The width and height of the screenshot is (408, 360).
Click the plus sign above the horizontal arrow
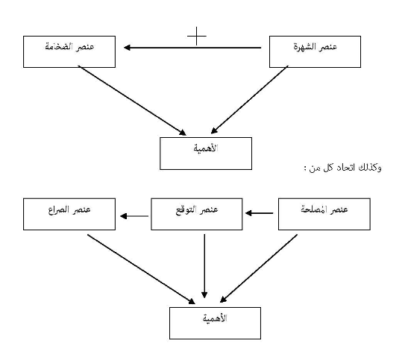(197, 36)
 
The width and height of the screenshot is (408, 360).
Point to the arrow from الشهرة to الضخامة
(192, 48)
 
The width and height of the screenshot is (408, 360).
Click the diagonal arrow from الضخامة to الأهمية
(132, 101)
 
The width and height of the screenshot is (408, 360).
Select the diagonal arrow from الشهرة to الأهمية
(250, 100)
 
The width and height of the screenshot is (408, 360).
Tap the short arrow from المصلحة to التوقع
(259, 213)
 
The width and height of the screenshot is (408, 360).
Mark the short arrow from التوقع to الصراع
(134, 216)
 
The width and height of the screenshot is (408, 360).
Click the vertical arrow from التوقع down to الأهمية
(204, 266)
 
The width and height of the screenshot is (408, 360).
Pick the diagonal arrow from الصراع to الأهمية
(141, 269)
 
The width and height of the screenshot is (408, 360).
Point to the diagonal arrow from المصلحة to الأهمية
(259, 268)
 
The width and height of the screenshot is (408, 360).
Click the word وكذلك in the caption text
(370, 168)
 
